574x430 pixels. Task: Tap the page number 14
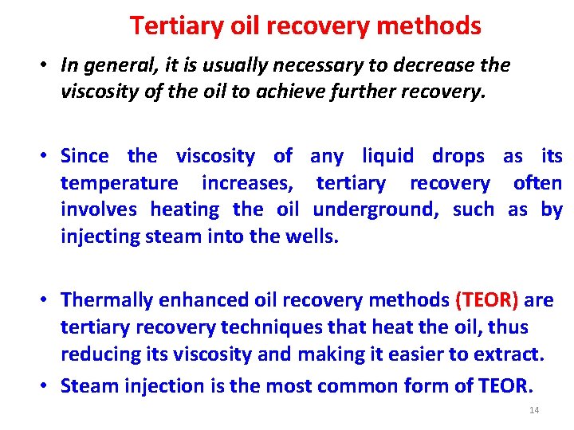534,410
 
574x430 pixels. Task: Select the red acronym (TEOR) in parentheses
486,300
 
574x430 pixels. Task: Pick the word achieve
331,92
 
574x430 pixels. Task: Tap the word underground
378,210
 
